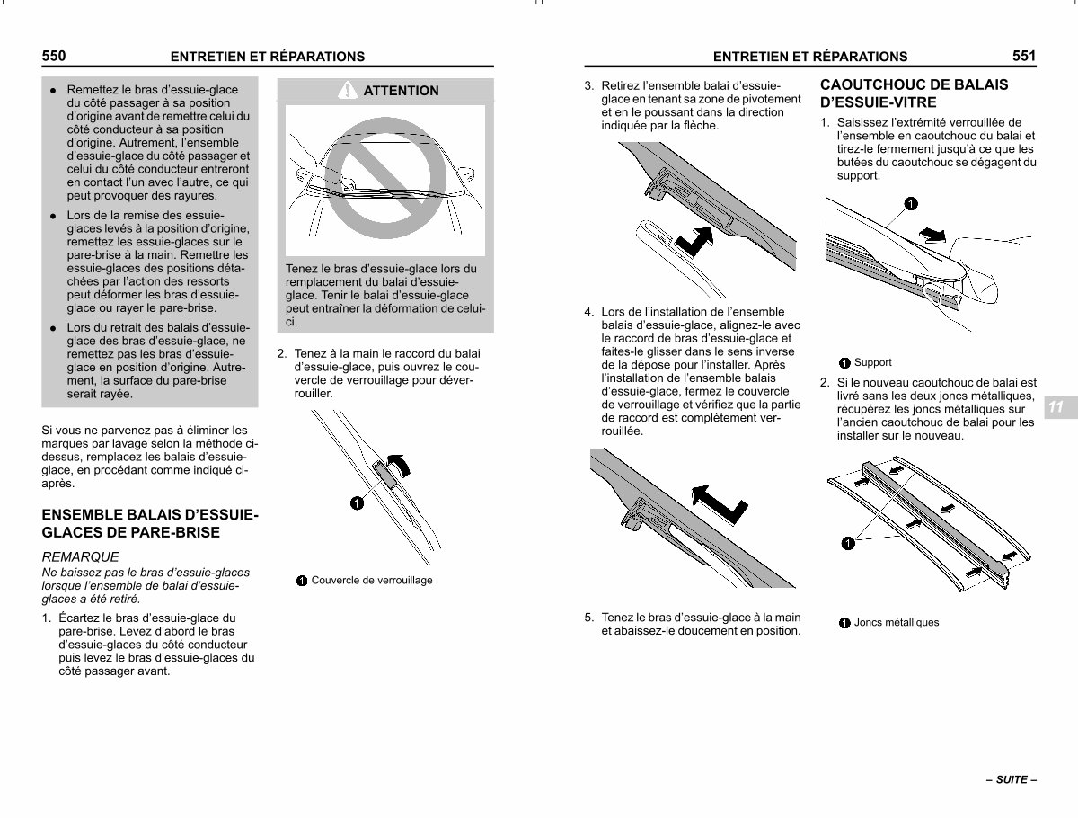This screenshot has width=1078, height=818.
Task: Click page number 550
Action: coord(54,56)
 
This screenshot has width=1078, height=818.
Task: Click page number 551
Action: coord(1024,56)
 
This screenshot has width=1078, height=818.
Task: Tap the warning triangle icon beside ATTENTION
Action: coord(348,90)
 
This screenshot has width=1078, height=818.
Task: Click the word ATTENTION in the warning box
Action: coord(401,91)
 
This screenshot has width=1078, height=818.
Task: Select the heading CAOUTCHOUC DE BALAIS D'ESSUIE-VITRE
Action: coord(914,93)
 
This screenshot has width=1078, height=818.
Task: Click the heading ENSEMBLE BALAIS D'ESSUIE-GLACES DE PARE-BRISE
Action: coord(150,523)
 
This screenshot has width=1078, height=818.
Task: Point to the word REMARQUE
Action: coord(81,556)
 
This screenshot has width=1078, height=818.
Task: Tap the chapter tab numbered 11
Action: coord(1056,407)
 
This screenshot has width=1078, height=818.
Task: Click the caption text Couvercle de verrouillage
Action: coord(372,580)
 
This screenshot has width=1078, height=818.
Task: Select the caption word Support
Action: coord(872,362)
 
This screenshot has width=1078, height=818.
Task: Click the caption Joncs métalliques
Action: coord(897,622)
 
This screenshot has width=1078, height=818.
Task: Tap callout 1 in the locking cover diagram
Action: coord(357,503)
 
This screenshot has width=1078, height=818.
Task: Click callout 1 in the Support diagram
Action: coord(911,203)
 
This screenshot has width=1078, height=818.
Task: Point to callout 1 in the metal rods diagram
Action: coord(848,544)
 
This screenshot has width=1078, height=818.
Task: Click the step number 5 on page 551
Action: coord(588,618)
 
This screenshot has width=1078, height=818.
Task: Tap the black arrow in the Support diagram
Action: coord(932,235)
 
